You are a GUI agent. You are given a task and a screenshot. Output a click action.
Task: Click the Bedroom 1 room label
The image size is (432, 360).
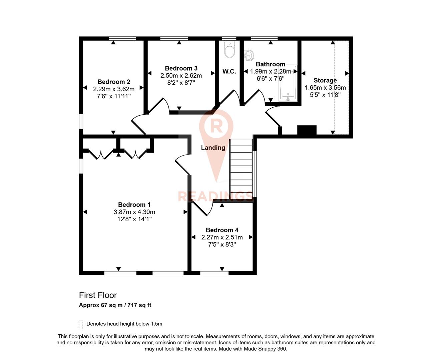coord(134,205)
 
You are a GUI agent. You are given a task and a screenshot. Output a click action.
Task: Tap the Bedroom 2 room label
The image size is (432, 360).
coord(114,82)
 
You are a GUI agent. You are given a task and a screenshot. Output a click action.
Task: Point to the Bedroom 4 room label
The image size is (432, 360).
coord(222,230)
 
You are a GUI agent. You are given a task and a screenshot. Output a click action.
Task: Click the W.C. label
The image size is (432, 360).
coord(229,71)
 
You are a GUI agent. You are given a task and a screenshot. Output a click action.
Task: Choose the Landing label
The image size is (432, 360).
coord(213,148)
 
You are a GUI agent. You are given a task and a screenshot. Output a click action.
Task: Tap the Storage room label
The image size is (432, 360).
coord(325,80)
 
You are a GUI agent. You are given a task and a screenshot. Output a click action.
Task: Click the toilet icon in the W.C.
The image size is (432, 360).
coord(230,50)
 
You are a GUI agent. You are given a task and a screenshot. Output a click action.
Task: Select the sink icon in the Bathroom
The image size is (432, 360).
coord(249,55)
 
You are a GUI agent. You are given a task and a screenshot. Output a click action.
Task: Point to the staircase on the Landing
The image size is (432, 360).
coord(241,169)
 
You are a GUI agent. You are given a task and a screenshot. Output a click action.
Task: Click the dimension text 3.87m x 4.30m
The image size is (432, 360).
coord(134,212)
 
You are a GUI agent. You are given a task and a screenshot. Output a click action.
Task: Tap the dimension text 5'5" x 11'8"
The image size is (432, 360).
coord(325,95)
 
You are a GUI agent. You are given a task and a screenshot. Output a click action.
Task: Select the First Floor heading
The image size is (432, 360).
coord(98,295)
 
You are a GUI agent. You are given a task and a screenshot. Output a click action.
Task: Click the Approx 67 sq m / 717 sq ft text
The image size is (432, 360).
coord(115,305)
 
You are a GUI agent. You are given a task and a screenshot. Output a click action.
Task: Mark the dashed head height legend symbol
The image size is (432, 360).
coord(81,324)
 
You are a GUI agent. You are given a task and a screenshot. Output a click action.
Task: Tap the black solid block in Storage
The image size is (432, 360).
coord(307,130)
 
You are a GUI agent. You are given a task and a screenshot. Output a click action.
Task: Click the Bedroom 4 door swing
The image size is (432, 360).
coord(203,208)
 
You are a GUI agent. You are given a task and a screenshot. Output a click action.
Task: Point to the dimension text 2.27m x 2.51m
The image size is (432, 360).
coord(222,237)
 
